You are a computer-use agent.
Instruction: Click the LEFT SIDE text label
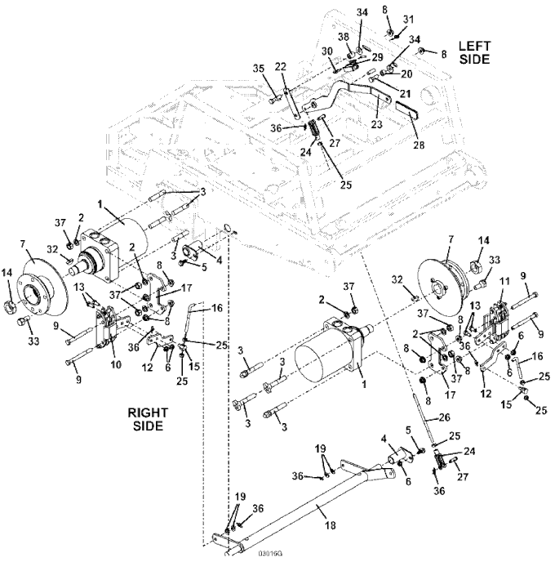(x=474, y=52)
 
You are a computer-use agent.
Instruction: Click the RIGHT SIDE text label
(x=148, y=419)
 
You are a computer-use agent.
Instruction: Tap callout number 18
(x=330, y=525)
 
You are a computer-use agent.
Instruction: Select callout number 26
(x=444, y=417)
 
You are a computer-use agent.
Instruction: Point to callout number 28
(x=419, y=145)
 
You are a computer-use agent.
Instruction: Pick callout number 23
(x=377, y=124)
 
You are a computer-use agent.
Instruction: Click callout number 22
(x=281, y=67)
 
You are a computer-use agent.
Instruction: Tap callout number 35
(x=259, y=69)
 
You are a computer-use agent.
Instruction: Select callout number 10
(x=116, y=365)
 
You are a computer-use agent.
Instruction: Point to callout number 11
(x=504, y=281)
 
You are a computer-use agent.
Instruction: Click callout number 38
(x=344, y=37)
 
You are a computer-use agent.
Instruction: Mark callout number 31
(x=408, y=20)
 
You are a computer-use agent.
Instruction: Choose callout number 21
(x=405, y=94)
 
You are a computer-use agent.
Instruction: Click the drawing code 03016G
(x=270, y=554)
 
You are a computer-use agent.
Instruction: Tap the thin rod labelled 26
(x=424, y=419)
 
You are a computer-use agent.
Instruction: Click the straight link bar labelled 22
(x=291, y=103)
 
